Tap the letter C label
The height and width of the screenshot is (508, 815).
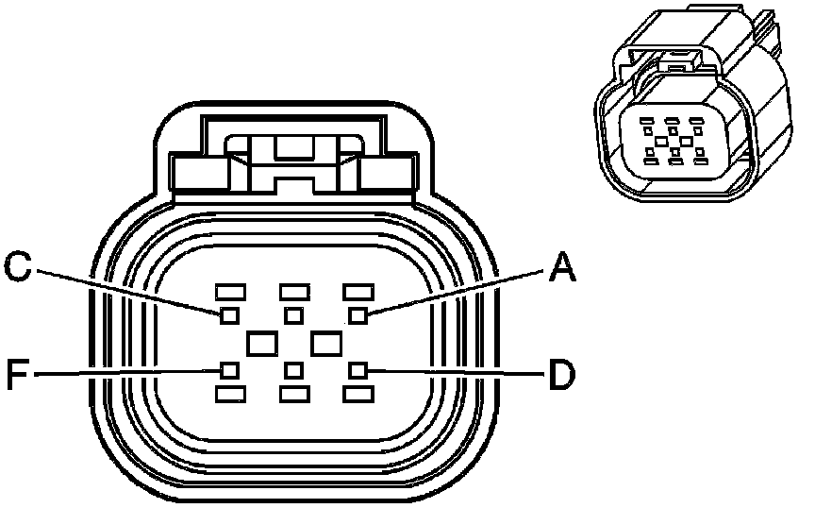tap(20, 267)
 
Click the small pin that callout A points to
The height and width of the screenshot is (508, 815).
tap(358, 313)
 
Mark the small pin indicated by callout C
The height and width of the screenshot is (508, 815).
tap(228, 313)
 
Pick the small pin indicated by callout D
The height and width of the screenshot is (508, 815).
tap(358, 369)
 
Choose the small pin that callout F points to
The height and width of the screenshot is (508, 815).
tap(228, 369)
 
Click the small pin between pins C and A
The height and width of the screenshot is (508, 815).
tap(293, 313)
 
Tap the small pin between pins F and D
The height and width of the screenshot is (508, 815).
tap(293, 369)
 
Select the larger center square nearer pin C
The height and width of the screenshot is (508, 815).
tap(261, 342)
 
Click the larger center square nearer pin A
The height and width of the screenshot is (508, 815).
tap(326, 342)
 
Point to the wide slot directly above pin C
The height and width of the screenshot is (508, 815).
tap(230, 291)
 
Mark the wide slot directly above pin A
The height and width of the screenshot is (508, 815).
tap(358, 291)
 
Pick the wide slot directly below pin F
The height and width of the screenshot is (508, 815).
tap(230, 392)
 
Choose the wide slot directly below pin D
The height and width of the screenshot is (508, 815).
tap(358, 392)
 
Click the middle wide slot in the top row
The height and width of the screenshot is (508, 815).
tap(294, 291)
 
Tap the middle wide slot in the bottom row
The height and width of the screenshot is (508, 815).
tap(294, 392)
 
